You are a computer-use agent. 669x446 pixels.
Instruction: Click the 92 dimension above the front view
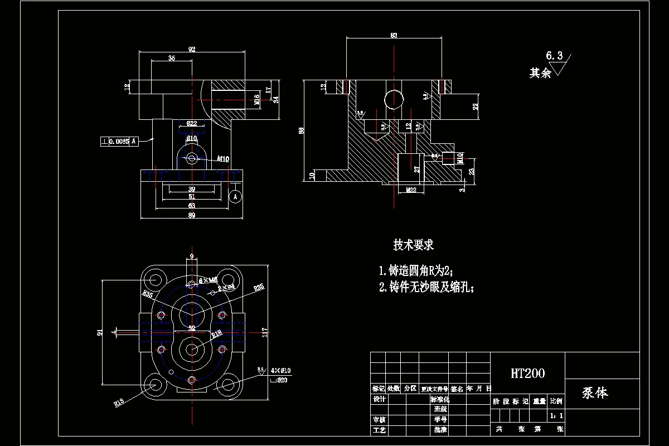click(x=192, y=50)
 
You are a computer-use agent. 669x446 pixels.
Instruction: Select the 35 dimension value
click(x=171, y=58)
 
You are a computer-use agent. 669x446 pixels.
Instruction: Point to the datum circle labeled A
click(x=235, y=196)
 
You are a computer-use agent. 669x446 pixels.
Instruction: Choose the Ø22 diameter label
click(x=191, y=124)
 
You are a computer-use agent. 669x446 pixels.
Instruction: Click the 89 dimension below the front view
click(x=191, y=215)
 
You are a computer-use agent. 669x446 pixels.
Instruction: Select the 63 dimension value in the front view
click(x=191, y=206)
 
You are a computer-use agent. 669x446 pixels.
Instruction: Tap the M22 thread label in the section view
click(x=411, y=190)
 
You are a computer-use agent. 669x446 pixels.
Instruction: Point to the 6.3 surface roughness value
click(x=554, y=56)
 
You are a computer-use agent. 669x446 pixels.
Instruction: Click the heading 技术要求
click(x=413, y=245)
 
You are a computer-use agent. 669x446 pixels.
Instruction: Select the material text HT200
click(x=527, y=373)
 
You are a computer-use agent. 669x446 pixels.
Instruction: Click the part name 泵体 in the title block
click(x=595, y=393)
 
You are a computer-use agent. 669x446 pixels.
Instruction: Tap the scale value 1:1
click(x=556, y=415)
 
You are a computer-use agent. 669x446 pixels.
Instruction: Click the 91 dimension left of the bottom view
click(x=100, y=332)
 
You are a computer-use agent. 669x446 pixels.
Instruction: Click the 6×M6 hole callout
click(x=208, y=280)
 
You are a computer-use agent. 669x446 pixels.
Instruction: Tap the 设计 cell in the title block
click(x=379, y=399)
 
